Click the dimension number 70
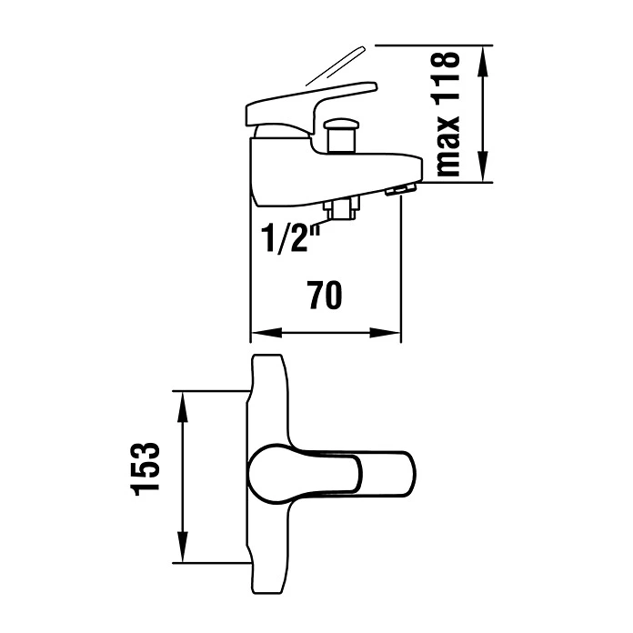[x=325, y=295]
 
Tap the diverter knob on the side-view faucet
[x=342, y=136]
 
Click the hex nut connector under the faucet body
[x=342, y=209]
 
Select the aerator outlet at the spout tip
[x=400, y=189]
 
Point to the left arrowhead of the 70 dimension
[x=266, y=333]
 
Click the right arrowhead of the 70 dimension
[x=385, y=333]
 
